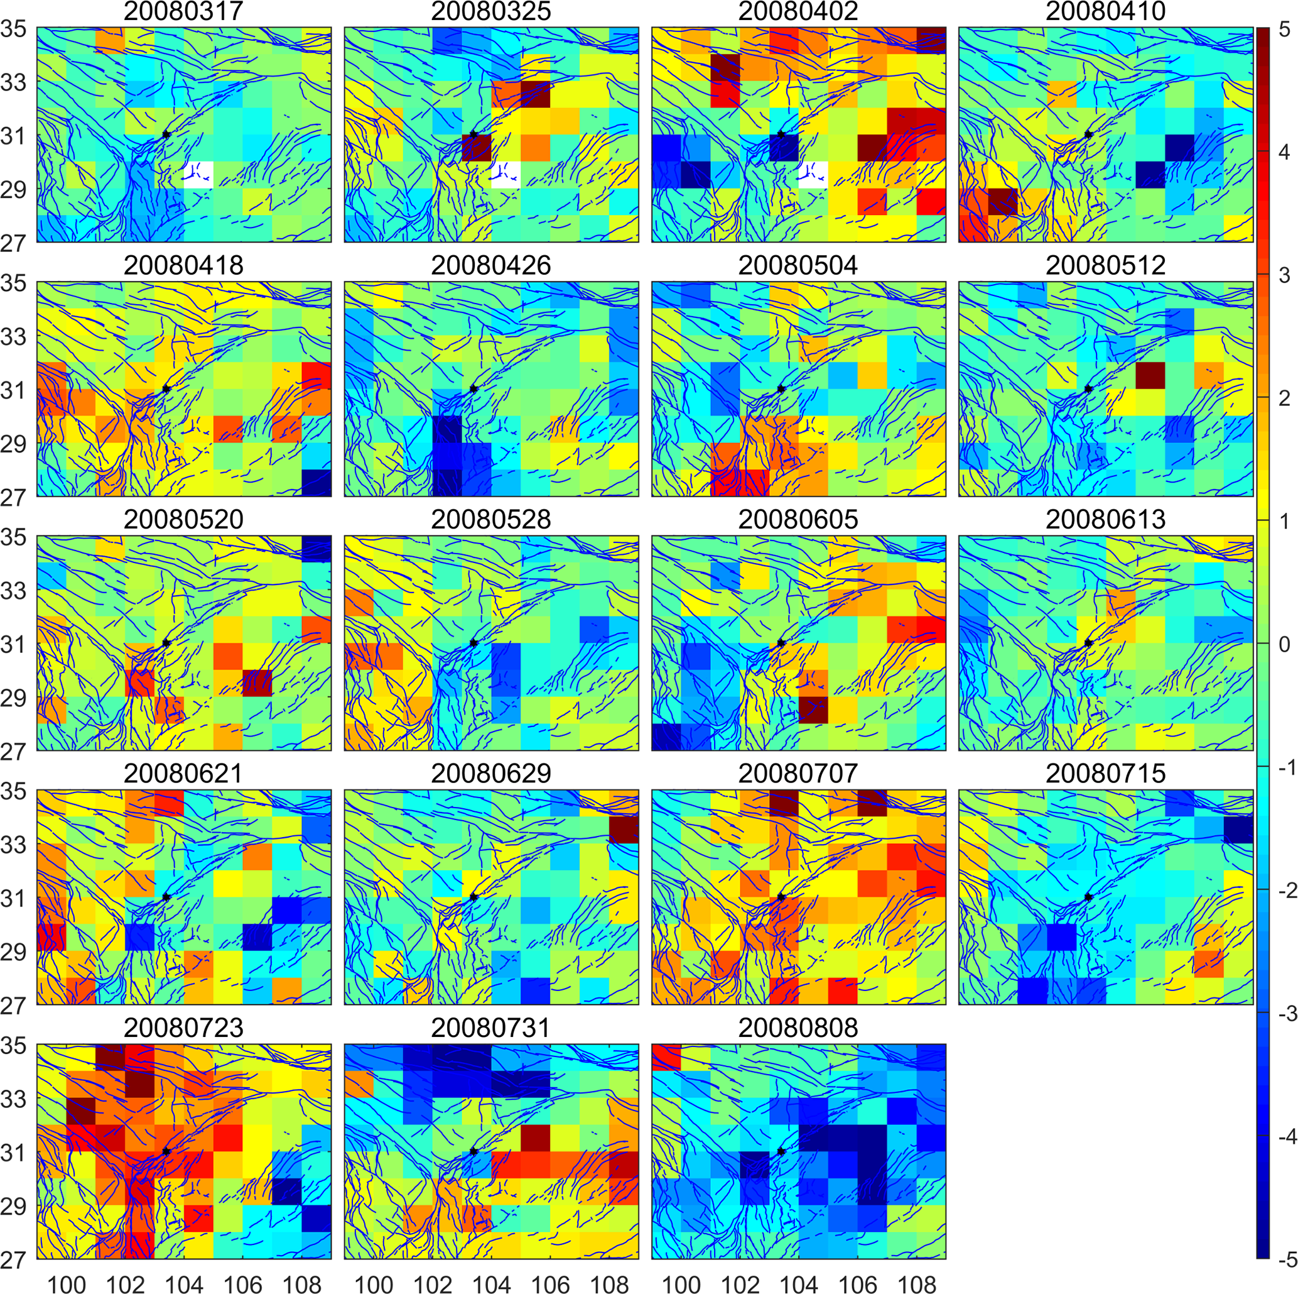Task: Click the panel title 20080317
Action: (x=183, y=11)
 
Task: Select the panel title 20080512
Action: (x=1105, y=265)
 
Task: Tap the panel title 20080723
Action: (x=183, y=1028)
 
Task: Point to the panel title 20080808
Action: (x=798, y=1028)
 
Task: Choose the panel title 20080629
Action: (x=491, y=774)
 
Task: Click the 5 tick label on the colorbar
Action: (x=1285, y=29)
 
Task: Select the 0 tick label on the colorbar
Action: (x=1285, y=644)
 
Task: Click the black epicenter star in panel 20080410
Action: (x=1088, y=134)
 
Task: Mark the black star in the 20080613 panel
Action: (x=1088, y=644)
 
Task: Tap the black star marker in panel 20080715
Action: (x=1088, y=897)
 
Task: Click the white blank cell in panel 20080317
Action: (x=198, y=175)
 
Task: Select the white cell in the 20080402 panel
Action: (x=813, y=175)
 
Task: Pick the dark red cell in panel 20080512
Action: (x=1150, y=375)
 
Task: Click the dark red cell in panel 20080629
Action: (x=624, y=830)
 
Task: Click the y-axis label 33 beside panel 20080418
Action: (x=13, y=336)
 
